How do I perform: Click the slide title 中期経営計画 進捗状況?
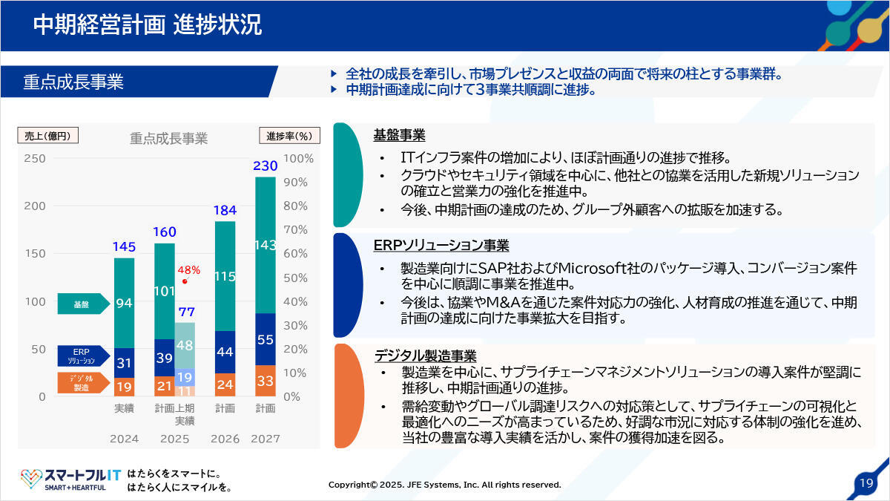(147, 24)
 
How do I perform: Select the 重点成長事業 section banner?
(73, 82)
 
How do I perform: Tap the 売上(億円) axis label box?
(47, 136)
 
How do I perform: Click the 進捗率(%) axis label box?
(289, 136)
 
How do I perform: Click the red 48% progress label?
(189, 270)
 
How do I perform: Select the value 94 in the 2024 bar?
(125, 303)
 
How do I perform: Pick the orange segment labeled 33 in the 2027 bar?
(265, 381)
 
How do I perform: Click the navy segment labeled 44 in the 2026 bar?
(225, 352)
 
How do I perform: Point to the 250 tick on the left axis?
(34, 158)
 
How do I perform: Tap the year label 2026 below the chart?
(225, 439)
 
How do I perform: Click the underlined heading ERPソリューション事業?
(441, 246)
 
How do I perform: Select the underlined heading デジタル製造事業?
(425, 356)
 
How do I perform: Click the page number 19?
(866, 483)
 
